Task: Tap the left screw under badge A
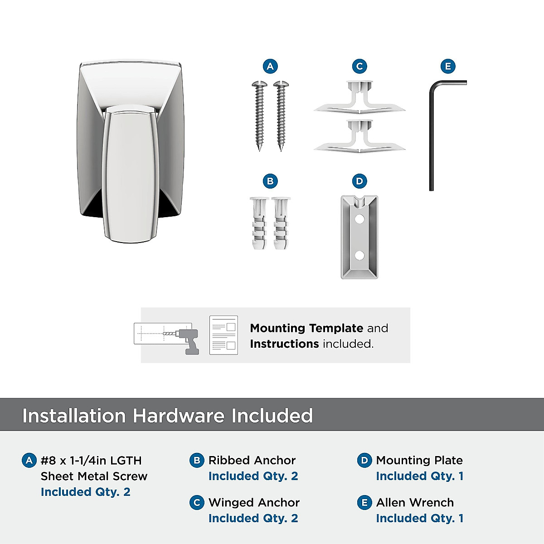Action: coord(259,116)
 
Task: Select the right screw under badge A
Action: coord(281,116)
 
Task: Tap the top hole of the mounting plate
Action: coord(359,219)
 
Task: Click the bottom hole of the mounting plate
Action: coord(359,256)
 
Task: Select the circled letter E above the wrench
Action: coord(448,67)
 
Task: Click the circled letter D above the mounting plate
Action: coord(359,181)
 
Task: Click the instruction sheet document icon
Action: coord(223,335)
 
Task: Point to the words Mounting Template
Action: coord(306,328)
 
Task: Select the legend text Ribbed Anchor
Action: coord(252,460)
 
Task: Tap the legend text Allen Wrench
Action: coord(415,502)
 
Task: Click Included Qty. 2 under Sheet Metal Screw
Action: coord(86,492)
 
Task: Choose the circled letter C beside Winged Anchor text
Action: coord(197,503)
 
